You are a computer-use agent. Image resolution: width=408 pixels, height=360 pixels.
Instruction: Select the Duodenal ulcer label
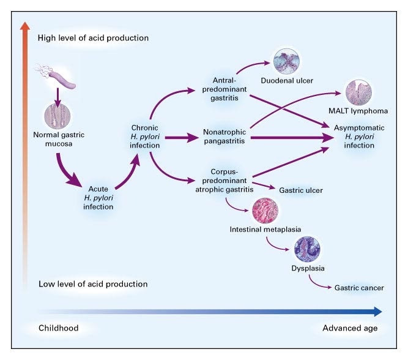[282, 80]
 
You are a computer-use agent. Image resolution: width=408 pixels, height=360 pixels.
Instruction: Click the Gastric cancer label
[359, 287]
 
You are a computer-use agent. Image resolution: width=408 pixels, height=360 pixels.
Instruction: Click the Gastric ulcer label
[300, 190]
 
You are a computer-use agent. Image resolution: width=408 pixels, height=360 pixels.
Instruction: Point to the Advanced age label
[350, 328]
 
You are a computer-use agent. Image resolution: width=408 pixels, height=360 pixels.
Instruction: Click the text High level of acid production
[93, 38]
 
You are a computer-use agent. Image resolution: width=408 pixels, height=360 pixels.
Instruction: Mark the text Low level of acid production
[92, 284]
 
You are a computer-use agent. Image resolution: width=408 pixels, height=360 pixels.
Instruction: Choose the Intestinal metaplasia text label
[265, 230]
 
